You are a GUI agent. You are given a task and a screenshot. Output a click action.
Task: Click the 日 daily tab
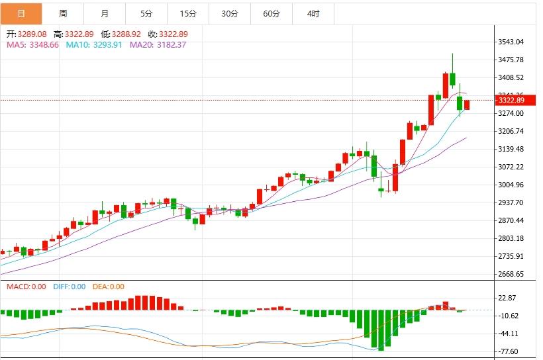click(x=21, y=13)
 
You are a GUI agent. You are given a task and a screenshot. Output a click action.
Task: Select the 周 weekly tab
click(x=63, y=13)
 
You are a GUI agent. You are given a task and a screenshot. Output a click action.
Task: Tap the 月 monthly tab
click(x=105, y=13)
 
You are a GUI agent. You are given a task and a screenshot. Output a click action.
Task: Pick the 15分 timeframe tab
click(x=188, y=13)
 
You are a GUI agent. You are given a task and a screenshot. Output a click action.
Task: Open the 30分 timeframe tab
click(x=230, y=13)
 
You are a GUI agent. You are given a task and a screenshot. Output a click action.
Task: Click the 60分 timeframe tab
click(x=271, y=13)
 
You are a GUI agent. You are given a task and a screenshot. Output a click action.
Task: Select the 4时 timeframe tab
click(x=313, y=13)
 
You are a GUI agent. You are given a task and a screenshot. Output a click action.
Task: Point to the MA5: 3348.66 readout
click(x=32, y=44)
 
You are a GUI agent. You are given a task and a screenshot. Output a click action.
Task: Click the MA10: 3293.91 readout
click(x=94, y=44)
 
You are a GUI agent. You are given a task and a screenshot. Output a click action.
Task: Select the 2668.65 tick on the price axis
click(x=511, y=274)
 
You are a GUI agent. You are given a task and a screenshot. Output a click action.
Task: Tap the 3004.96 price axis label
click(x=511, y=185)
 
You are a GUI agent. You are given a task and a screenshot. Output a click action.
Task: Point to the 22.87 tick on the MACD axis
click(x=509, y=298)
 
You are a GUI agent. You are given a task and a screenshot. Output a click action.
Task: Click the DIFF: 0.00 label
click(x=69, y=287)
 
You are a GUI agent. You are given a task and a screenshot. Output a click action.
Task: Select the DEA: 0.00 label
click(x=107, y=287)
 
